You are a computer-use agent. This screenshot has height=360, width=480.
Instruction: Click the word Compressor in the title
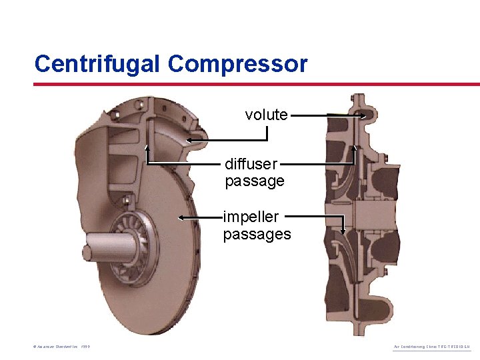pyautogui.click(x=238, y=64)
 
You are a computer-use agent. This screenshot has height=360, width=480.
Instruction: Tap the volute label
pyautogui.click(x=266, y=115)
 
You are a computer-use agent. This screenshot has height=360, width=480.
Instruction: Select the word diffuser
pyautogui.click(x=251, y=164)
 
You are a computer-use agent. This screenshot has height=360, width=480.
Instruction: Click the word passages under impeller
pyautogui.click(x=257, y=234)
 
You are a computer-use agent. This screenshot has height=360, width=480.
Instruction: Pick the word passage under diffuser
pyautogui.click(x=254, y=181)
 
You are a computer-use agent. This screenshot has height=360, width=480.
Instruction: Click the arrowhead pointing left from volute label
pyautogui.click(x=190, y=140)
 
